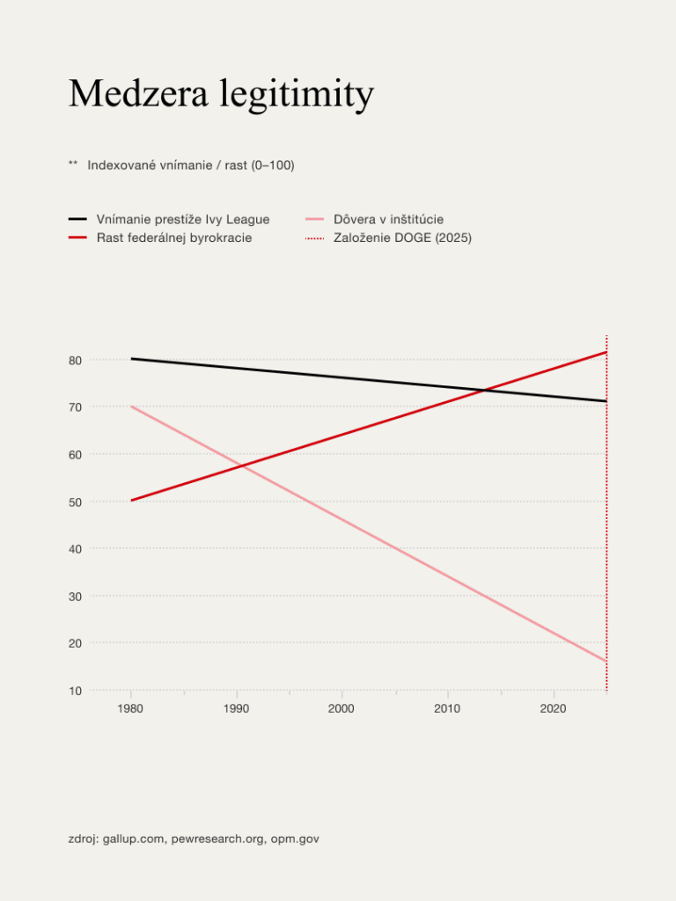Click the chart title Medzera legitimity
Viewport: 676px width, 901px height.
click(x=221, y=94)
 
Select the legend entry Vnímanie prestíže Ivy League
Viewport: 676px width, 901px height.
click(x=182, y=219)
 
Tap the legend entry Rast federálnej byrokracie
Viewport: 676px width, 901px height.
click(x=173, y=238)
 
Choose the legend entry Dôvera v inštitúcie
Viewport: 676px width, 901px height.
click(x=388, y=219)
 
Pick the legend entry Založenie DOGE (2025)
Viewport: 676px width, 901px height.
click(x=402, y=238)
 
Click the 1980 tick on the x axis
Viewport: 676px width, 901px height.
click(x=130, y=708)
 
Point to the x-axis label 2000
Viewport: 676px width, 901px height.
click(x=342, y=708)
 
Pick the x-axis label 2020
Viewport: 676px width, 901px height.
click(x=553, y=708)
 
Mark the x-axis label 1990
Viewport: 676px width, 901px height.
click(x=236, y=708)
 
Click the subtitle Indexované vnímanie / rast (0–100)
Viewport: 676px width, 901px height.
click(x=191, y=165)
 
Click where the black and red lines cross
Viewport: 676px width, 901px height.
click(x=484, y=390)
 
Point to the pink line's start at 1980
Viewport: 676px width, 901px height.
click(x=131, y=407)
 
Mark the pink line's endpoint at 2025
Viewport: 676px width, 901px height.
click(x=606, y=661)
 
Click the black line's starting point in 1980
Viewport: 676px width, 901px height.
click(x=131, y=359)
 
